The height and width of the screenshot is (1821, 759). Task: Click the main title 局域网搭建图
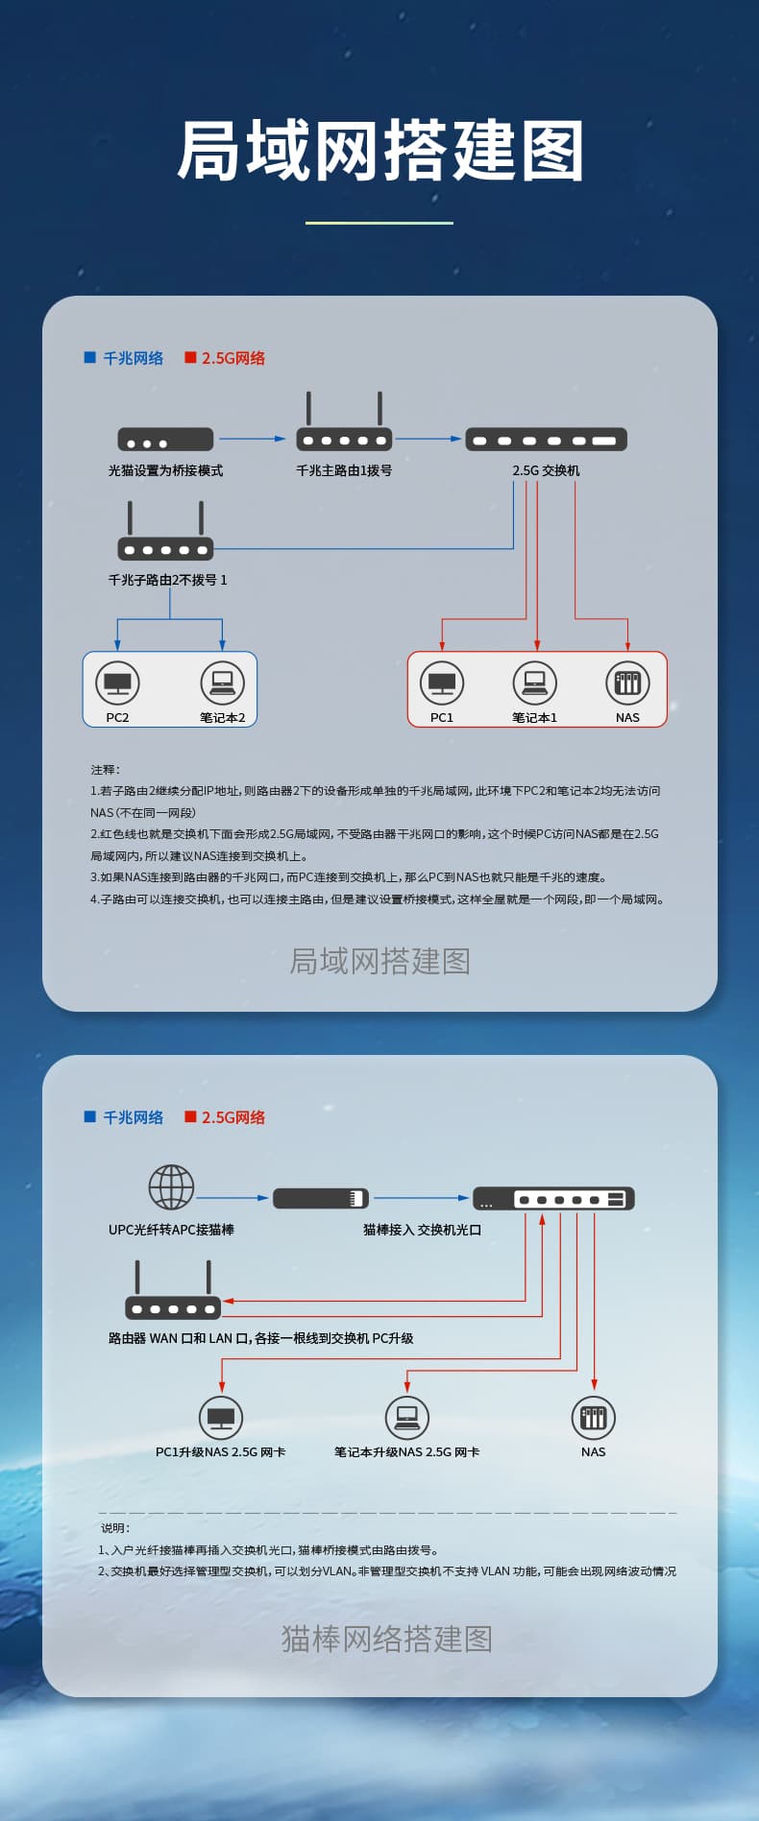point(380,151)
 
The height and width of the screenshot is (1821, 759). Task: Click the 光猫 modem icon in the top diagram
point(165,439)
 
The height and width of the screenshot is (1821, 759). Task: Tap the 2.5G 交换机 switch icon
point(546,440)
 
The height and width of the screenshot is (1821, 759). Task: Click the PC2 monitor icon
point(118,683)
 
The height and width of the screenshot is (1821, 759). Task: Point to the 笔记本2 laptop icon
point(223,683)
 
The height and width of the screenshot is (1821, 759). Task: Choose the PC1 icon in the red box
point(442,683)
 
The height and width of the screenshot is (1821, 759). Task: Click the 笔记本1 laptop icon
point(535,683)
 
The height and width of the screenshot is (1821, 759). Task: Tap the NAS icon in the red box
point(627,683)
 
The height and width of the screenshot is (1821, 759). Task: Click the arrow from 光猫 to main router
point(253,439)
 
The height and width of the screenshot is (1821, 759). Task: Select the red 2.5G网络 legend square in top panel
point(190,357)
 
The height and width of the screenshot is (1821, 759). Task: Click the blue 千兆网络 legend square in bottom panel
point(90,1116)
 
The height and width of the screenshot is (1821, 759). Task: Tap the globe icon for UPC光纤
point(171,1187)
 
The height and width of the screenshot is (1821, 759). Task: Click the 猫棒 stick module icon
point(321,1198)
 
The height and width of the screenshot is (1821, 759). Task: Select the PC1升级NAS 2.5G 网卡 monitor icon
point(221,1417)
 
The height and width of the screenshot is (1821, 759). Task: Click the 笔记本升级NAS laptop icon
point(406,1417)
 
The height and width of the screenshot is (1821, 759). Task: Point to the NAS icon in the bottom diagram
point(594,1417)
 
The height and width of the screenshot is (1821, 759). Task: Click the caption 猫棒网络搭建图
point(386,1638)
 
